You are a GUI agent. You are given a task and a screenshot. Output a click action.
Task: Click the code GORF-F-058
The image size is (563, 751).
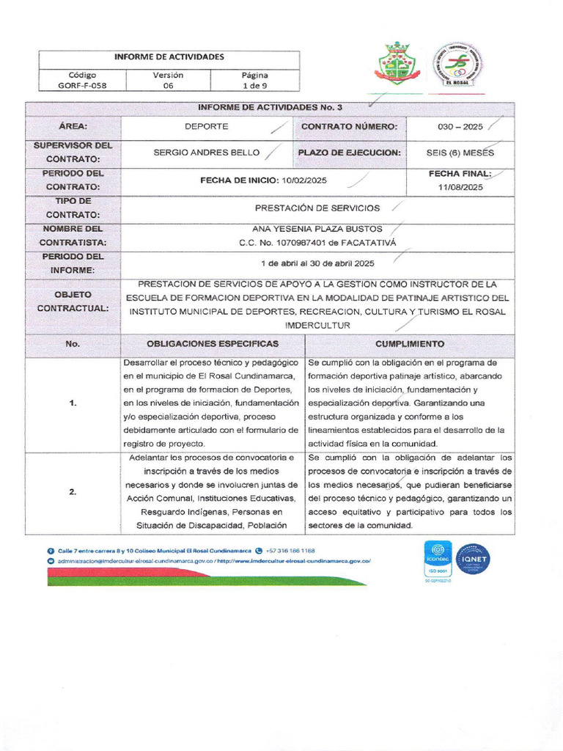[82, 85]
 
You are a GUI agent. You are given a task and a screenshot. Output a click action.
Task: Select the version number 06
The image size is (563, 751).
[168, 85]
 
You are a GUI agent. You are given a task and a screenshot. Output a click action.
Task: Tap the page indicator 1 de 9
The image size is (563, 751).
[254, 85]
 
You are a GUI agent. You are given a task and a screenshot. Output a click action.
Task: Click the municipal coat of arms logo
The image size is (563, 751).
[396, 64]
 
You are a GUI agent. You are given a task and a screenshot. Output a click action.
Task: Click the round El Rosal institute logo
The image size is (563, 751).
[457, 65]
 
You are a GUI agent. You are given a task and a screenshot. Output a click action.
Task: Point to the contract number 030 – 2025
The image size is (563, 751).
[460, 127]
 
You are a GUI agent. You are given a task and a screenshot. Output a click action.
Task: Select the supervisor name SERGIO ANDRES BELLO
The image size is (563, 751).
[206, 153]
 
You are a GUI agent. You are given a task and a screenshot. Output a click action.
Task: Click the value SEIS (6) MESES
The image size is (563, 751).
[460, 153]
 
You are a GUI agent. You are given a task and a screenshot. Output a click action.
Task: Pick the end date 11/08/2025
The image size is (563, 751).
[460, 188]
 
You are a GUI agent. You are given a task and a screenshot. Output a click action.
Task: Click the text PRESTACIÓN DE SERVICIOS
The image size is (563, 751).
[317, 208]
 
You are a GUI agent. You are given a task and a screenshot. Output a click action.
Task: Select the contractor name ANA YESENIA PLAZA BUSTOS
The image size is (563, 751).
[317, 229]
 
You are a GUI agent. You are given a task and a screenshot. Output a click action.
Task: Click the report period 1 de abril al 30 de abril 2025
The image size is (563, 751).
[317, 263]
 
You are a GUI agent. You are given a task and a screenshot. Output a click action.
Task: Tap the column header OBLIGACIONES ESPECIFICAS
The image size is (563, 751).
[213, 344]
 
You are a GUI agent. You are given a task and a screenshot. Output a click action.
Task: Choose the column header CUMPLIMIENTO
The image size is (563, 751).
[409, 344]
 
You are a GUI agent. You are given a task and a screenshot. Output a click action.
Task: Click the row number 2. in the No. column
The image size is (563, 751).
[73, 492]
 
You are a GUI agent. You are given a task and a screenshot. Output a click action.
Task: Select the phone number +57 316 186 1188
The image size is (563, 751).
[290, 550]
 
